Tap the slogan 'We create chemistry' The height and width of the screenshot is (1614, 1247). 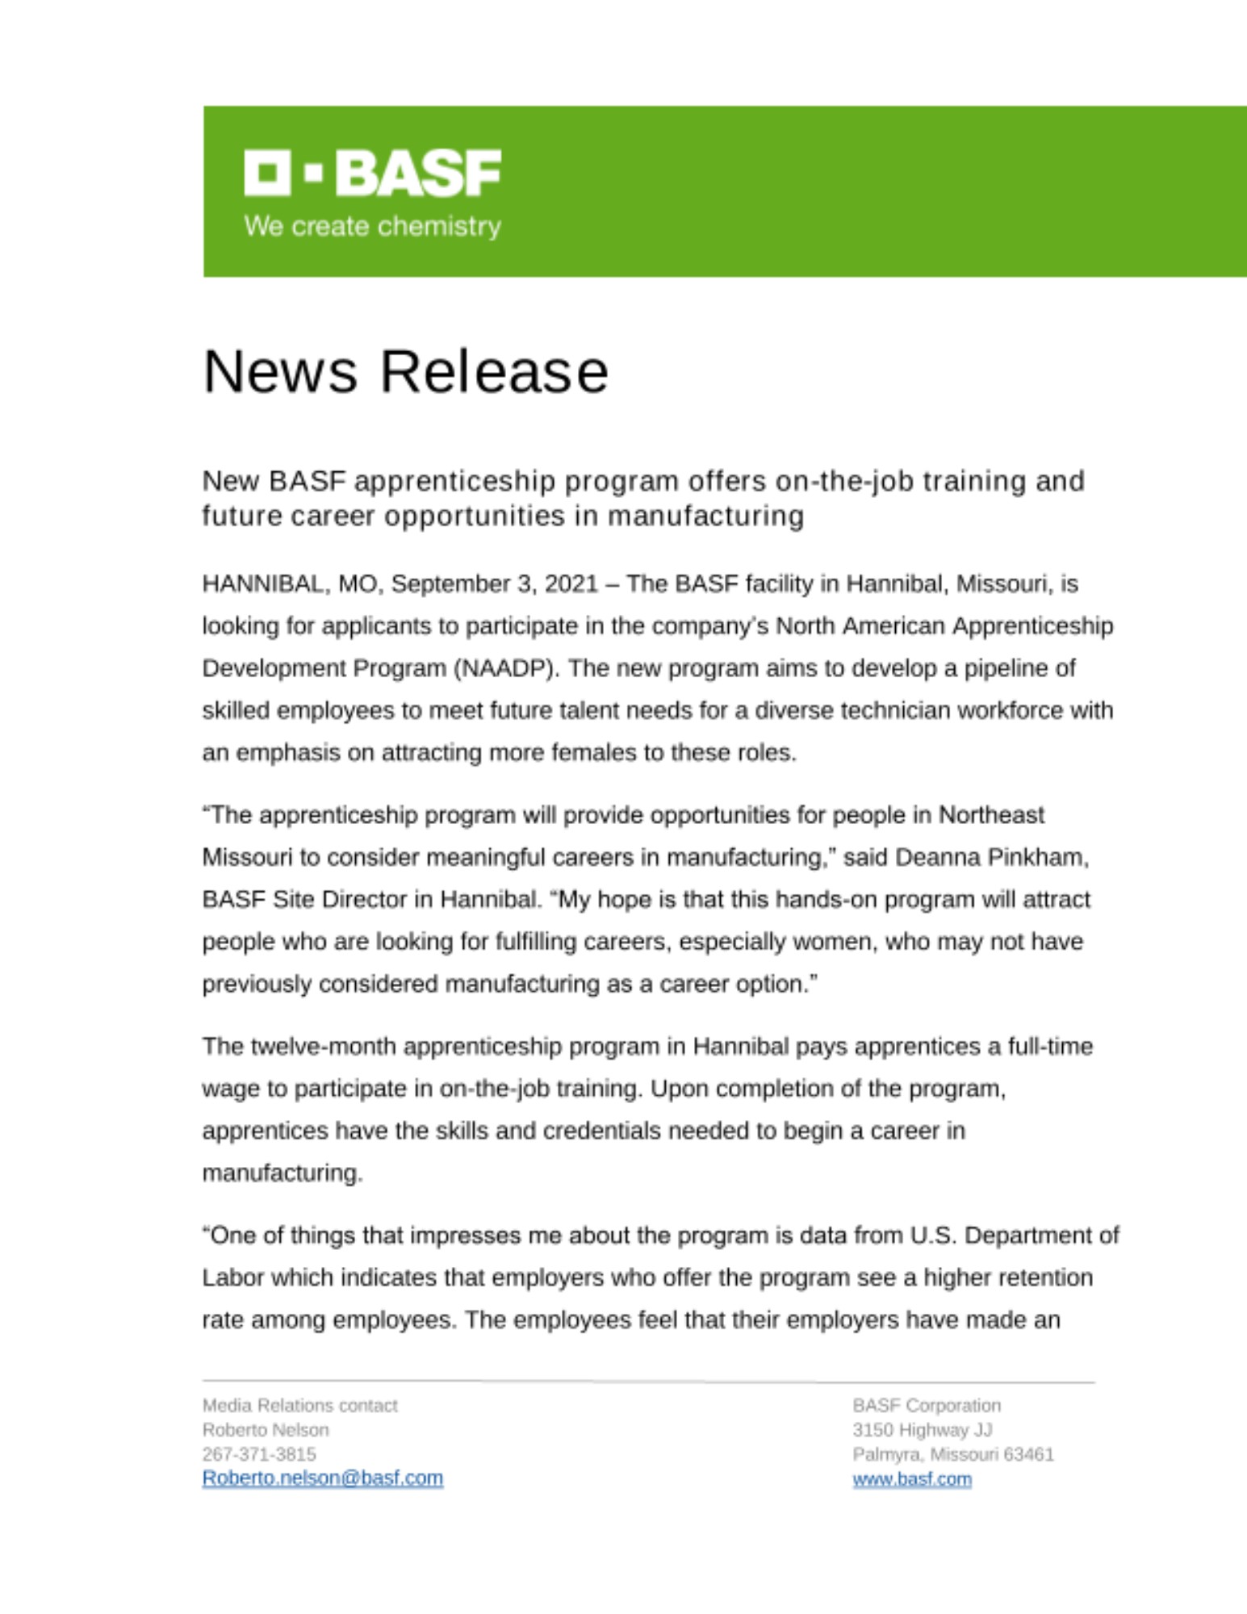tap(372, 226)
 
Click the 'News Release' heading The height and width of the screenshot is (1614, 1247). tap(405, 372)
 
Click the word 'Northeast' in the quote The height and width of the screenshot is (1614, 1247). tap(991, 815)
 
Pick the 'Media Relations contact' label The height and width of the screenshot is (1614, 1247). tap(299, 1406)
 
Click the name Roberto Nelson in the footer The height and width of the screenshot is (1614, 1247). tap(266, 1430)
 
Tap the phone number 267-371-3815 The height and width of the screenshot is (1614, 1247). tap(259, 1454)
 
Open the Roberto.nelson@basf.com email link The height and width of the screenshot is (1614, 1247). tap(322, 1478)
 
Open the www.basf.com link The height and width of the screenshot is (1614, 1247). tap(912, 1479)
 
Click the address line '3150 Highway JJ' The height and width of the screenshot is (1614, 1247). tap(922, 1430)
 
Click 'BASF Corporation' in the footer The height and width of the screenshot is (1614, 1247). tap(926, 1406)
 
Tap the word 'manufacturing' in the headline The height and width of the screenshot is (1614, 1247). tap(705, 516)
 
